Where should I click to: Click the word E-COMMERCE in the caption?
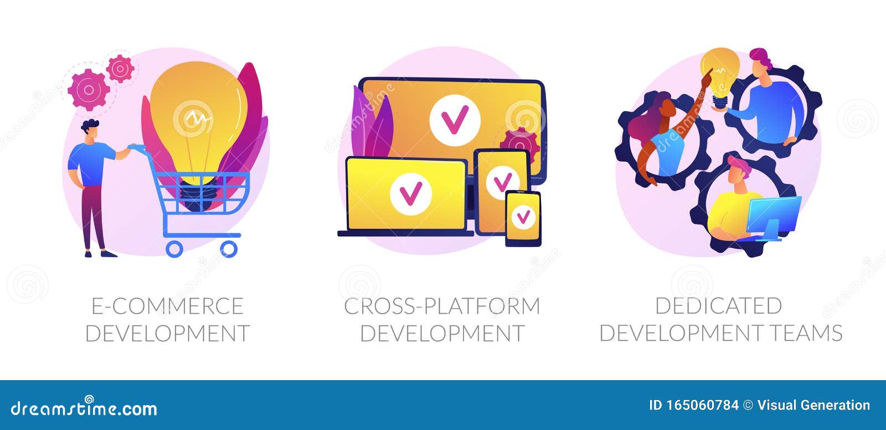(x=167, y=306)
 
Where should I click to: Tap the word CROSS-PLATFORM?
(x=442, y=306)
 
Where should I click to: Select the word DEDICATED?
(x=719, y=306)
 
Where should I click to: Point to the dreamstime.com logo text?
(x=84, y=408)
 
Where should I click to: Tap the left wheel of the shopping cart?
(x=174, y=249)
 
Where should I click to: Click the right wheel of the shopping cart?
(x=229, y=249)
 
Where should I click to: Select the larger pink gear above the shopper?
(x=89, y=90)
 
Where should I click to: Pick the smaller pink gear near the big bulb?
(x=120, y=69)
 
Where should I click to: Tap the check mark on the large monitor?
(x=455, y=120)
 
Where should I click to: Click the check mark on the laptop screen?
(x=411, y=194)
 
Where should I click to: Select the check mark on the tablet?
(x=503, y=183)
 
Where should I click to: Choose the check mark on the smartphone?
(x=523, y=217)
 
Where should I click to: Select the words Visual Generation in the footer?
(x=813, y=405)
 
